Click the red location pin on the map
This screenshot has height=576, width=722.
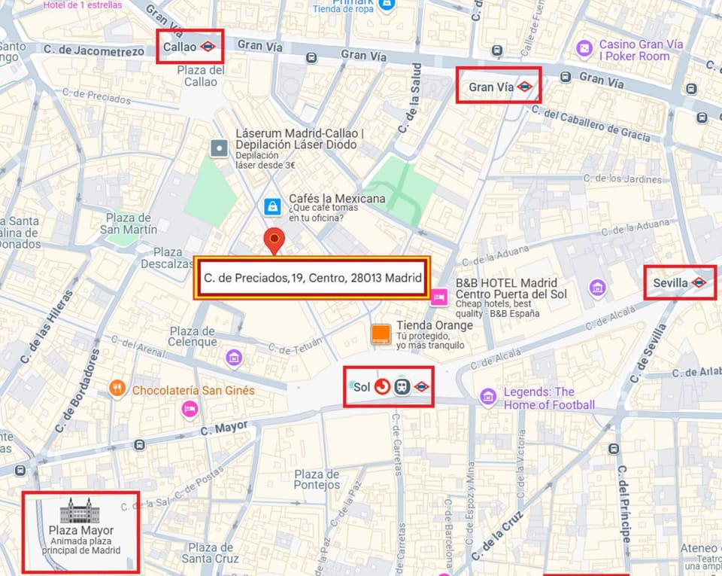tap(275, 242)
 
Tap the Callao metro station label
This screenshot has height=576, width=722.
tap(180, 47)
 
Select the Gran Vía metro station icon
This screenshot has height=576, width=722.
tap(525, 87)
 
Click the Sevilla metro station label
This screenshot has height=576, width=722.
tap(671, 282)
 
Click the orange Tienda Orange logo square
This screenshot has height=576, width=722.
tap(381, 335)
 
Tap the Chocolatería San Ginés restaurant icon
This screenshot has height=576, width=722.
tap(117, 389)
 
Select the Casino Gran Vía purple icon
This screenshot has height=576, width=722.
tap(584, 49)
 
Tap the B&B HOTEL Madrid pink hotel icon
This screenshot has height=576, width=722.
tap(439, 299)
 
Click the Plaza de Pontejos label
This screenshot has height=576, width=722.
tap(317, 480)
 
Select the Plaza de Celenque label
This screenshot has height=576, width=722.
tap(193, 337)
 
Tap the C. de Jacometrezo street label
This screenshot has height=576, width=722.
tap(93, 51)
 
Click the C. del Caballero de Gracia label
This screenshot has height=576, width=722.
tap(591, 124)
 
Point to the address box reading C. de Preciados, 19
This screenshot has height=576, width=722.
tap(312, 278)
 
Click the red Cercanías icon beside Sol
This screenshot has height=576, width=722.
tap(382, 387)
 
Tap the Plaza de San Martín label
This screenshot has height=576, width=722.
tap(132, 223)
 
